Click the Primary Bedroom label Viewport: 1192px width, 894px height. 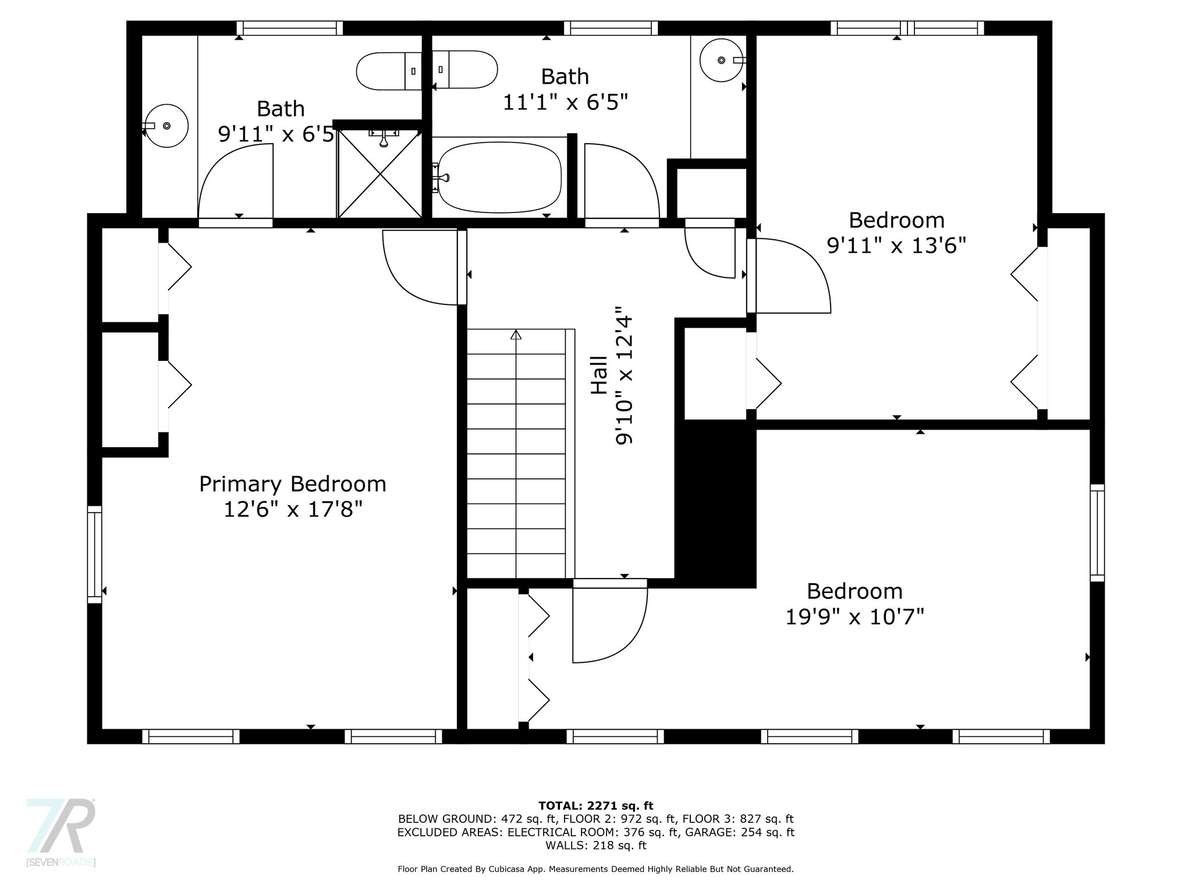point(292,485)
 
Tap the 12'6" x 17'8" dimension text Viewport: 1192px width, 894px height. point(293,510)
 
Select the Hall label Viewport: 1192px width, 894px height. point(599,375)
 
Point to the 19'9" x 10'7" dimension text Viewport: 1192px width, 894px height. point(854,616)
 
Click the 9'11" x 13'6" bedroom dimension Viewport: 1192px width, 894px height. point(896,246)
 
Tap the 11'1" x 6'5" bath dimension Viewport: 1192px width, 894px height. point(565,102)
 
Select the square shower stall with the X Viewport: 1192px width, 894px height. point(379,173)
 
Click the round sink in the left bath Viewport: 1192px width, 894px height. point(166,126)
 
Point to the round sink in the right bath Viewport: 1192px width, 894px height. point(722,60)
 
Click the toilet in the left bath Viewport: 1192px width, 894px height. point(389,70)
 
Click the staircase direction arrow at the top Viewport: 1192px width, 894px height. point(516,335)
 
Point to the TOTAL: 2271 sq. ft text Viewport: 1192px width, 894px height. point(596,806)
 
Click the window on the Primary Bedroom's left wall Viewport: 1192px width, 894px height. point(94,554)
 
